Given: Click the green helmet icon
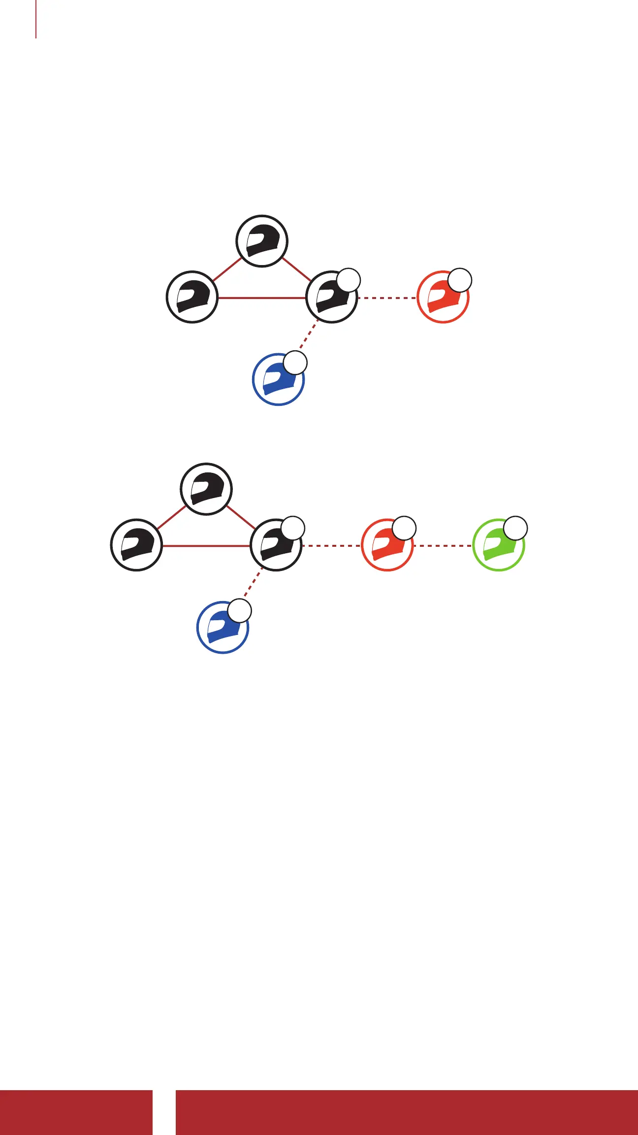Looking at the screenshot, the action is click(x=498, y=546).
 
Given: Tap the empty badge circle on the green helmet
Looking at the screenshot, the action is click(x=515, y=528).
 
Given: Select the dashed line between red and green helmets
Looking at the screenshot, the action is click(x=443, y=546).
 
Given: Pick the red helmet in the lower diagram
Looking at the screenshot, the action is click(x=387, y=546).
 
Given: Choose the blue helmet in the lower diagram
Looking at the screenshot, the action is click(x=223, y=628).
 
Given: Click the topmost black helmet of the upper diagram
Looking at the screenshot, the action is click(x=262, y=241).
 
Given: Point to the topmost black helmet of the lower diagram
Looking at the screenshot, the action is click(x=206, y=489).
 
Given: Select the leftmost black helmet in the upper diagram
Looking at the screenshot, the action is click(x=192, y=297).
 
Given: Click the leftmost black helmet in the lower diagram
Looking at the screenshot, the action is click(x=136, y=545).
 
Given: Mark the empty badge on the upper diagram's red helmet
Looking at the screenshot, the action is click(x=460, y=280).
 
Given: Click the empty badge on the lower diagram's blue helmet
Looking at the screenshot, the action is click(x=240, y=611).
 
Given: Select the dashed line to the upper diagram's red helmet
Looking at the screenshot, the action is click(x=387, y=298).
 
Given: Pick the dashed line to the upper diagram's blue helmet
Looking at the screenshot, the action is click(x=308, y=337).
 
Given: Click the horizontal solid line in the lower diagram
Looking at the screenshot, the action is click(x=206, y=546).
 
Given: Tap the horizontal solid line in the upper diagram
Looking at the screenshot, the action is click(x=262, y=298).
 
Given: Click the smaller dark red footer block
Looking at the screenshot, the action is click(x=76, y=1112).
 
